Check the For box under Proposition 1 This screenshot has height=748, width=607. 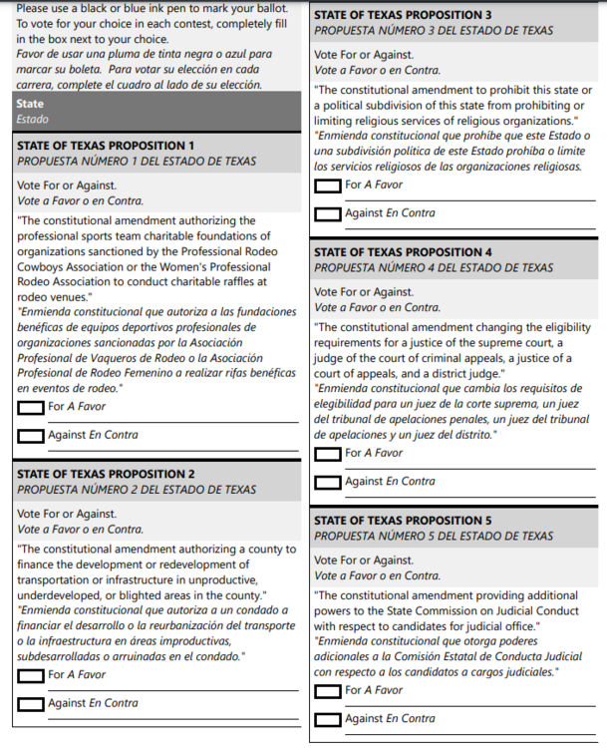coord(31,408)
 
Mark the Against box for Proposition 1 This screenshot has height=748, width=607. coord(31,436)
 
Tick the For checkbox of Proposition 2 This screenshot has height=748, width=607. coord(31,676)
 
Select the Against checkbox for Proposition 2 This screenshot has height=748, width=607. coord(31,704)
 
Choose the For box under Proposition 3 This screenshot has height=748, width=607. coord(327,187)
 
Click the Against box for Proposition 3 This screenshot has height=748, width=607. coord(327,214)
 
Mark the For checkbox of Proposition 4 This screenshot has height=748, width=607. coord(327,455)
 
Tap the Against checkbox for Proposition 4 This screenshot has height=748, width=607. coord(327,483)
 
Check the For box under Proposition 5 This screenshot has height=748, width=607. coord(327,691)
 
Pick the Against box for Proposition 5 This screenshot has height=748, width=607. coord(327,720)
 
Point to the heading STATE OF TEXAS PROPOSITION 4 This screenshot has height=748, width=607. coord(403,252)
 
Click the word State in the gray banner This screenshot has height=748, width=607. coord(31,104)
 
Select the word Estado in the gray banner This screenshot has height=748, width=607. coord(33,119)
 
